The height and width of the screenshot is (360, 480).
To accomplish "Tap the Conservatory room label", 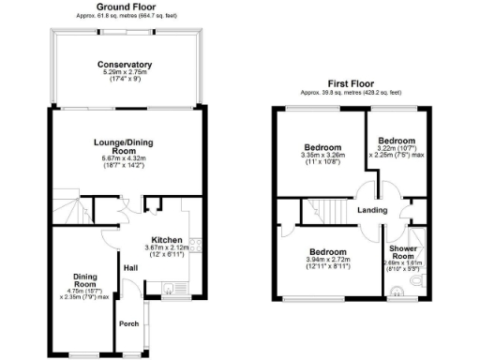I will point(125,65).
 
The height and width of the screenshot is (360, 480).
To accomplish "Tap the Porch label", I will point(127,324).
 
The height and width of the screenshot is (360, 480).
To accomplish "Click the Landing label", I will point(372,210).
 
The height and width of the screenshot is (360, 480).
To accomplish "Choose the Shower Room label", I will point(404,252).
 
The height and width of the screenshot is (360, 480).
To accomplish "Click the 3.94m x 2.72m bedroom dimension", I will point(328,261).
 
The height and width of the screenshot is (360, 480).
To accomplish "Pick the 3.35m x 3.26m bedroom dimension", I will point(322,157).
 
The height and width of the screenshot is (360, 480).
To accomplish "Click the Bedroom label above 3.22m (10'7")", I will point(397,140).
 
